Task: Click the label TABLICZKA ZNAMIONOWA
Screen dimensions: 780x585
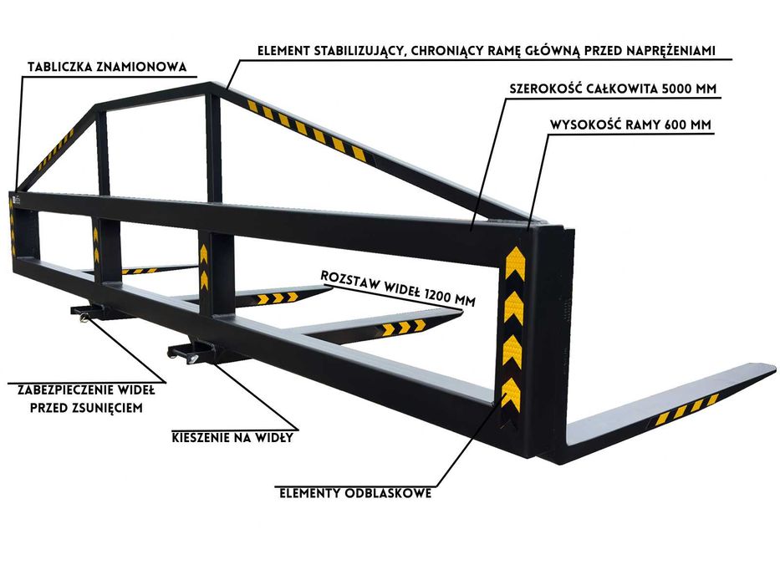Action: click(107, 67)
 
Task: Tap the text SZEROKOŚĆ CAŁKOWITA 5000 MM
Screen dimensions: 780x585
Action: click(613, 89)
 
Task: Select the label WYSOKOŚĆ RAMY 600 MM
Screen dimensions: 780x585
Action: click(630, 125)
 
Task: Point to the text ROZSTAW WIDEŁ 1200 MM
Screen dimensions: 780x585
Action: click(398, 288)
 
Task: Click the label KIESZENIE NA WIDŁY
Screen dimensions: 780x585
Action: click(232, 438)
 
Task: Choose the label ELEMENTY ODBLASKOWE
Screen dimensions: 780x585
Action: click(355, 493)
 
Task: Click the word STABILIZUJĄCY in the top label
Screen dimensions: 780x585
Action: click(358, 51)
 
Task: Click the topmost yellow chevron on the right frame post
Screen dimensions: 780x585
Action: click(515, 263)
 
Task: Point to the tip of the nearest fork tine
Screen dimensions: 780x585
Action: click(774, 369)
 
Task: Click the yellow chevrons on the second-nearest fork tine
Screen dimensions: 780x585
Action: click(405, 328)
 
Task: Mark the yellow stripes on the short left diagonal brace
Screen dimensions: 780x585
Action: click(56, 150)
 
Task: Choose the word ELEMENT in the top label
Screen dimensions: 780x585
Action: click(283, 51)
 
